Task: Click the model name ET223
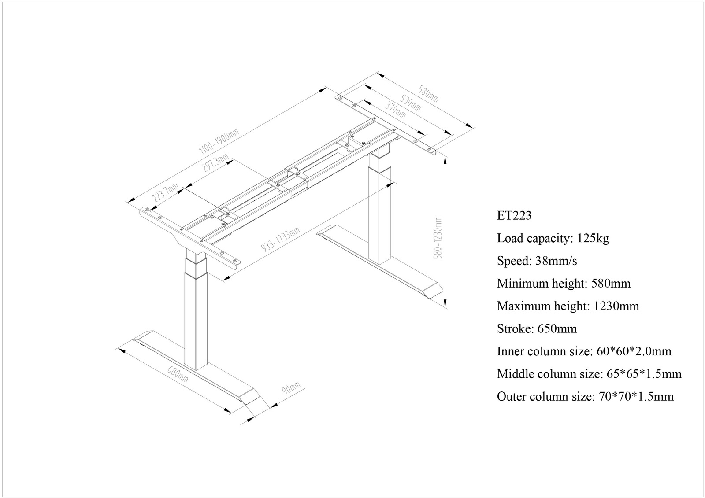click(514, 215)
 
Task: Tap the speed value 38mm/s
click(556, 261)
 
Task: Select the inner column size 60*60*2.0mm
click(634, 351)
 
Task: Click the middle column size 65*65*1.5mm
click(644, 374)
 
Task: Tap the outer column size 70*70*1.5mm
click(636, 397)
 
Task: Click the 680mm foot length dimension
click(177, 374)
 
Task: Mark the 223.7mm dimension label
click(165, 192)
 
